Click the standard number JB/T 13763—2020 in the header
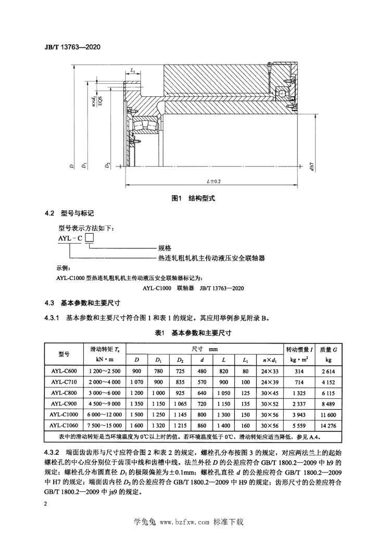pos(72,47)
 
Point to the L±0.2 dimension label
pos(213,182)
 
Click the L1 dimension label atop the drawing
pos(133,71)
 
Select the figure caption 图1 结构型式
pos(193,198)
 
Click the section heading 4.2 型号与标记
pos(69,213)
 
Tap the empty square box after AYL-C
pos(89,237)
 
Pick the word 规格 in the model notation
pos(165,248)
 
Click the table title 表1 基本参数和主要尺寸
pos(193,333)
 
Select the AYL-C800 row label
pos(64,393)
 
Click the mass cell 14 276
pos(328,426)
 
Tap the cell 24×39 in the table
pos(270,382)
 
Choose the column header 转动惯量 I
pos(299,349)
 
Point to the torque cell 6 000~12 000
pos(105,415)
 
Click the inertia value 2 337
pos(299,404)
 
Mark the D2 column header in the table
pos(180,360)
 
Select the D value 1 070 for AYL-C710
pos(136,382)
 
